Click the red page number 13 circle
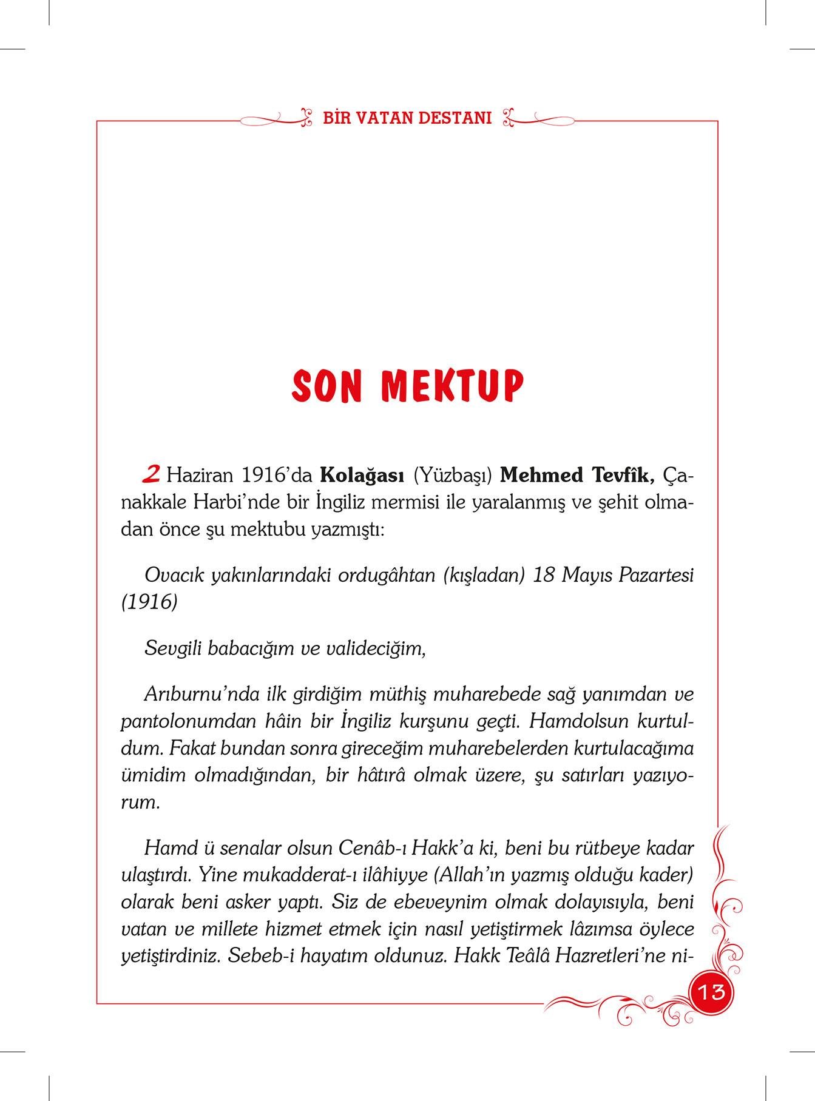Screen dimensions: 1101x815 click(x=711, y=992)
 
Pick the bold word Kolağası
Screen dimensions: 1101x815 click(x=362, y=475)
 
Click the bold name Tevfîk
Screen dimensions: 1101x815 click(x=621, y=475)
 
